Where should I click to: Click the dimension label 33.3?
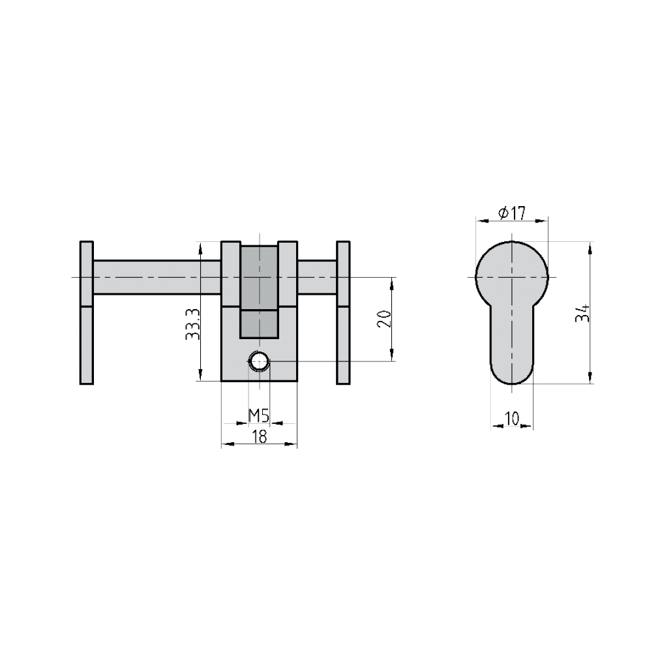[192, 324]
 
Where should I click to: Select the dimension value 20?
[384, 318]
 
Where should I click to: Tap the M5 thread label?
[259, 415]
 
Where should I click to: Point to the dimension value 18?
[260, 436]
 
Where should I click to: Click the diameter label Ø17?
[512, 213]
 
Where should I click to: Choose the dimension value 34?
[582, 313]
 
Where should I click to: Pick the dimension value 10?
[511, 419]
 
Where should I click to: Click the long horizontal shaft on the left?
[157, 277]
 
